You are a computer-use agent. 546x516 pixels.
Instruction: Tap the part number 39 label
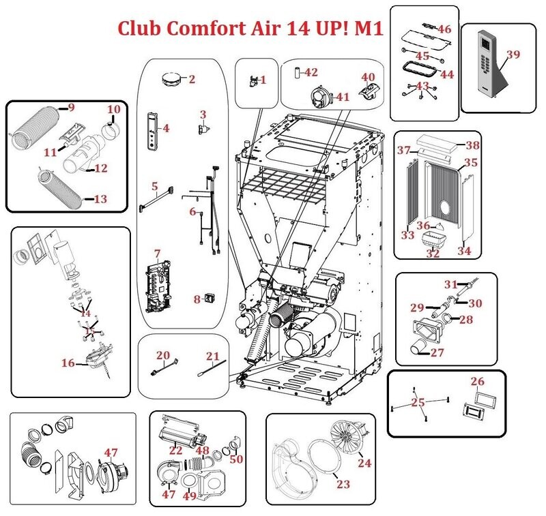[x=513, y=55]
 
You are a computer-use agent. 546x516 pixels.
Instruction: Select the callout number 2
[x=192, y=79]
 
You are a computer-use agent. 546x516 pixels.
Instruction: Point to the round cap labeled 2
[x=170, y=78]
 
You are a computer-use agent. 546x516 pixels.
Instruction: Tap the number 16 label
[x=68, y=363]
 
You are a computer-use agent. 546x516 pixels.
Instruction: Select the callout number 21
[x=213, y=356]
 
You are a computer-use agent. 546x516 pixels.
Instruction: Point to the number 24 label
[x=364, y=463]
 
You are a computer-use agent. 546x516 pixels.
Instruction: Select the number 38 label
[x=473, y=145]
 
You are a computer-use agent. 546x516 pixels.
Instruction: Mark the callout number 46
[x=444, y=29]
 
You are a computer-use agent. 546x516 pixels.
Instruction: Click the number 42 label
[x=311, y=72]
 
